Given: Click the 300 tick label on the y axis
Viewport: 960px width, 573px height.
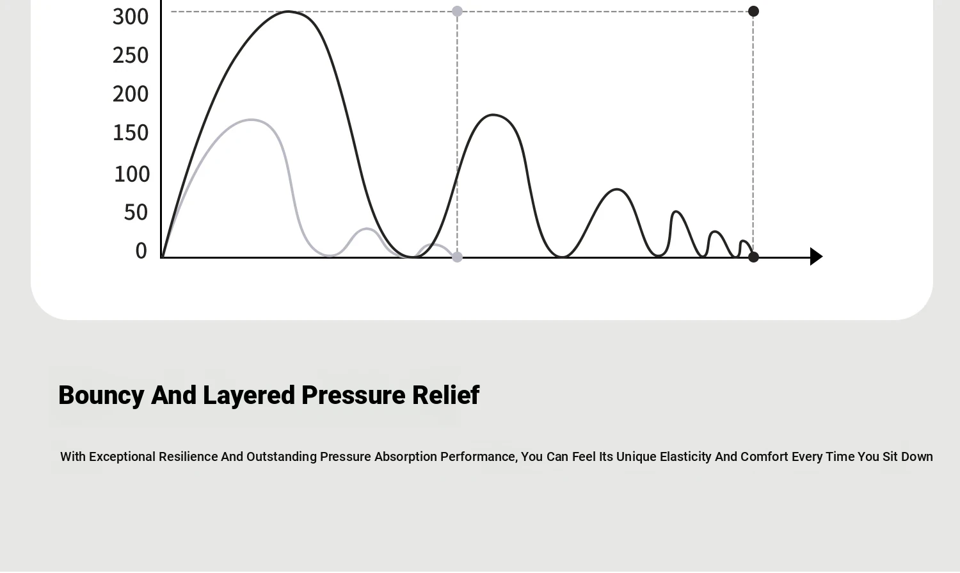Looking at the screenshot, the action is coord(131,17).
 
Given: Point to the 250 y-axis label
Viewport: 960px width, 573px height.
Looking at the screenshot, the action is coord(131,56).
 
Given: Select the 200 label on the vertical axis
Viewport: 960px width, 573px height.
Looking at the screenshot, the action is coord(131,94).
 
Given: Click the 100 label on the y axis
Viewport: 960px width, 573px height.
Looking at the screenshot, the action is coord(132,174).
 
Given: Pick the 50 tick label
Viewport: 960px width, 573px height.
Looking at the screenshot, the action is coord(136,213).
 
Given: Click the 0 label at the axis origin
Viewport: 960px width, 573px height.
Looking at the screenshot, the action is coord(141,251).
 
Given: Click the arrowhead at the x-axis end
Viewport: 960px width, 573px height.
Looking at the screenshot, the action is coord(816,257).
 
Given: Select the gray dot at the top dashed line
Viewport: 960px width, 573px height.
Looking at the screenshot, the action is coord(458,12).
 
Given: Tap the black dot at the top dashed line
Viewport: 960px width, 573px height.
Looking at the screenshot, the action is coord(753,12).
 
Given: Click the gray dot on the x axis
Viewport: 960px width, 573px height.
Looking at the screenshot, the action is coord(458,257).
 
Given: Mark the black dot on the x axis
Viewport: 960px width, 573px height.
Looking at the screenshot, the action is coord(753,257).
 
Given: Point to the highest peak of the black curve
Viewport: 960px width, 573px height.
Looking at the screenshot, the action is coord(288,12).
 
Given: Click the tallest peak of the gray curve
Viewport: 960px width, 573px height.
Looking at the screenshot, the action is coord(251,120).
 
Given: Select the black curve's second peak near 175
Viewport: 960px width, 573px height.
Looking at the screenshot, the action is coord(493,115).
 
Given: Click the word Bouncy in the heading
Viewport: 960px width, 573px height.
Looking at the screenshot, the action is coord(101,396).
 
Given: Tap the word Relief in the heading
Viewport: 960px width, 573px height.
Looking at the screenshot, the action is coord(445,395).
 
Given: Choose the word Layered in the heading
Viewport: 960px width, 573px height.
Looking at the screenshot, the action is coord(249,396).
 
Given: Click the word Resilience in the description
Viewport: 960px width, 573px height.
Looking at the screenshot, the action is coord(188,457).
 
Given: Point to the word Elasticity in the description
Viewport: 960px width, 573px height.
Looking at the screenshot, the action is coord(685,457).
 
